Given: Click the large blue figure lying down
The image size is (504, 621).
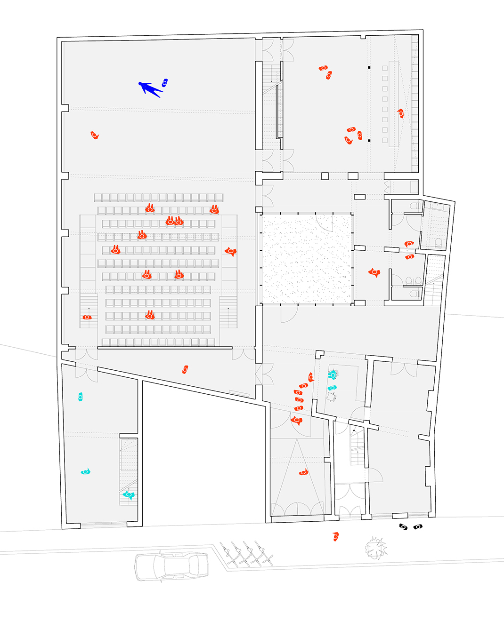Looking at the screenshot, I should point(150,88).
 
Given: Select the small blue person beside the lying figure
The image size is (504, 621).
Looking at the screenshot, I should point(164,83).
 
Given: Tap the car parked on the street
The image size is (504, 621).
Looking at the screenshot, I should point(171,566).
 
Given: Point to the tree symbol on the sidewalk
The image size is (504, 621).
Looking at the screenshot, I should point(375,548).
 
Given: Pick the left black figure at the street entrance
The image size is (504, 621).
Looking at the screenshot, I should point(403,527).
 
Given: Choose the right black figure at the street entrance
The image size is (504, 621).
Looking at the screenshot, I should point(418,527).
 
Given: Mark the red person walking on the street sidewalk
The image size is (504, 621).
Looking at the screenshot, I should point(335,536).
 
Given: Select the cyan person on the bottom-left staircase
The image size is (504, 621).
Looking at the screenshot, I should point(129,495).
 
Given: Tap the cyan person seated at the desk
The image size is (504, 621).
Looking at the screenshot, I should point(333,374).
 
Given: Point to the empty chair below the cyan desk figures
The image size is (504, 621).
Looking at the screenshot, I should point(332,397).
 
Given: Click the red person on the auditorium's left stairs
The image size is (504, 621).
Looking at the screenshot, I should point(87,318).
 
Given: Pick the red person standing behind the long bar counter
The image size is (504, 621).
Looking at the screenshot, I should point(400,113).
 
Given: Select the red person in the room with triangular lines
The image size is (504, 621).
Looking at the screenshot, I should point(304,472).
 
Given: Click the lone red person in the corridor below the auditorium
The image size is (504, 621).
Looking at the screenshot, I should point(185,369).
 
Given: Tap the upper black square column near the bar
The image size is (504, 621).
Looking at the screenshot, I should point(369,68).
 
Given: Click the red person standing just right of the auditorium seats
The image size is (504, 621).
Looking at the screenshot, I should point(230,252).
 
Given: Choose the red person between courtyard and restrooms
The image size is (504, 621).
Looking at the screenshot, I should point(374,272).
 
